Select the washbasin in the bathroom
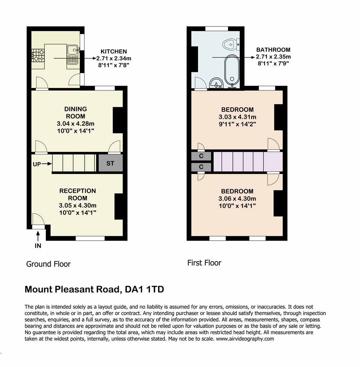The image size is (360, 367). (x=216, y=83)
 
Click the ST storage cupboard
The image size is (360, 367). (x=110, y=163)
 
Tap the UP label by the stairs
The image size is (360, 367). (x=37, y=164)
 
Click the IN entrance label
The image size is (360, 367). (x=38, y=245)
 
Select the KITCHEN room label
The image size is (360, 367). (x=114, y=52)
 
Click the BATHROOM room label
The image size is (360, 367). (x=273, y=50)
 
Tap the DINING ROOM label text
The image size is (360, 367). (x=76, y=112)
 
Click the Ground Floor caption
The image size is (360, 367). (x=48, y=264)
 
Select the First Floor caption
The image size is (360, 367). (x=204, y=263)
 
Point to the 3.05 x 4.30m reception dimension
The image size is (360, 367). (x=78, y=205)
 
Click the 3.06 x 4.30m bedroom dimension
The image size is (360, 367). (x=237, y=198)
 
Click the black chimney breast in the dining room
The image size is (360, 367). (x=118, y=120)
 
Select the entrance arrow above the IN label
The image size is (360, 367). (x=38, y=235)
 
